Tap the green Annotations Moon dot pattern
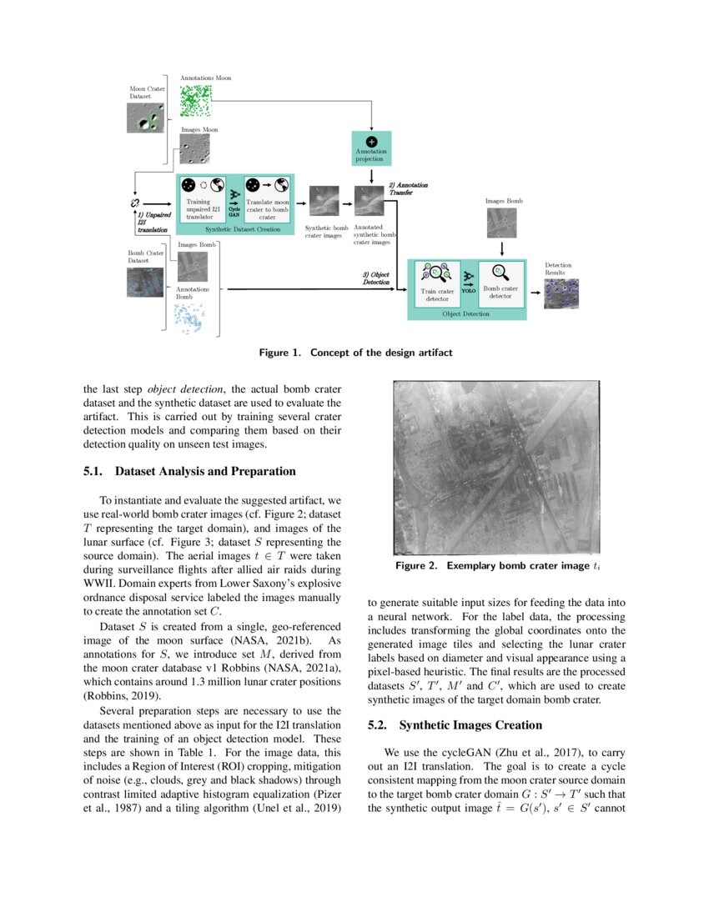(x=196, y=100)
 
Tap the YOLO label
(x=469, y=291)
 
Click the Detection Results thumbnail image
(x=561, y=293)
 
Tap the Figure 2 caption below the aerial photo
(x=497, y=566)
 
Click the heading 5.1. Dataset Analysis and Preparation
(x=189, y=471)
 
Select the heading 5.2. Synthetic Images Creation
(x=455, y=725)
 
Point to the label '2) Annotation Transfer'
(x=409, y=188)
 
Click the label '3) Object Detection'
(x=375, y=278)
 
